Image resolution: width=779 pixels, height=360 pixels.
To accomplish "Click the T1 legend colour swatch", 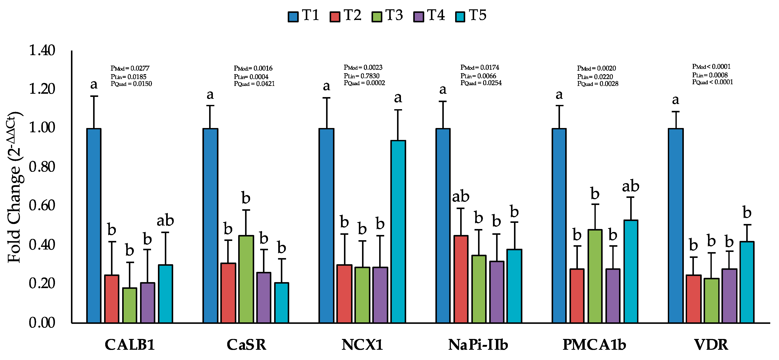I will tap(293, 17).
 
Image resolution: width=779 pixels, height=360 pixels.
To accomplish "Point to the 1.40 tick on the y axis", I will tap(42, 50).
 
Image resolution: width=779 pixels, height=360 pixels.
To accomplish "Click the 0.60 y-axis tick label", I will tap(42, 205).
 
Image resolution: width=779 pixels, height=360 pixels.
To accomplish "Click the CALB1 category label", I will tap(130, 345).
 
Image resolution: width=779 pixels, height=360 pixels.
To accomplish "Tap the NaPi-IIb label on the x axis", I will tap(478, 345).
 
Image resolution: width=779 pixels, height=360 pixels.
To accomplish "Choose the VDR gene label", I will tap(711, 345).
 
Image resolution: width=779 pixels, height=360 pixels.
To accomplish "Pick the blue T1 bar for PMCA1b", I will tap(559, 225).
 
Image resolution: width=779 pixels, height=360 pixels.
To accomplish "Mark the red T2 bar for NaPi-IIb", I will tap(461, 279).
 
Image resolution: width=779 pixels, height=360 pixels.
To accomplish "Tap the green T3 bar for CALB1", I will tap(130, 305).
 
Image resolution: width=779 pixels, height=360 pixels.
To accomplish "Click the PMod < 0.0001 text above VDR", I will tap(711, 67).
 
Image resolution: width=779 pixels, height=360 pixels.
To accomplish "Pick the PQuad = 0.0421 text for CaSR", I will tap(254, 84).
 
